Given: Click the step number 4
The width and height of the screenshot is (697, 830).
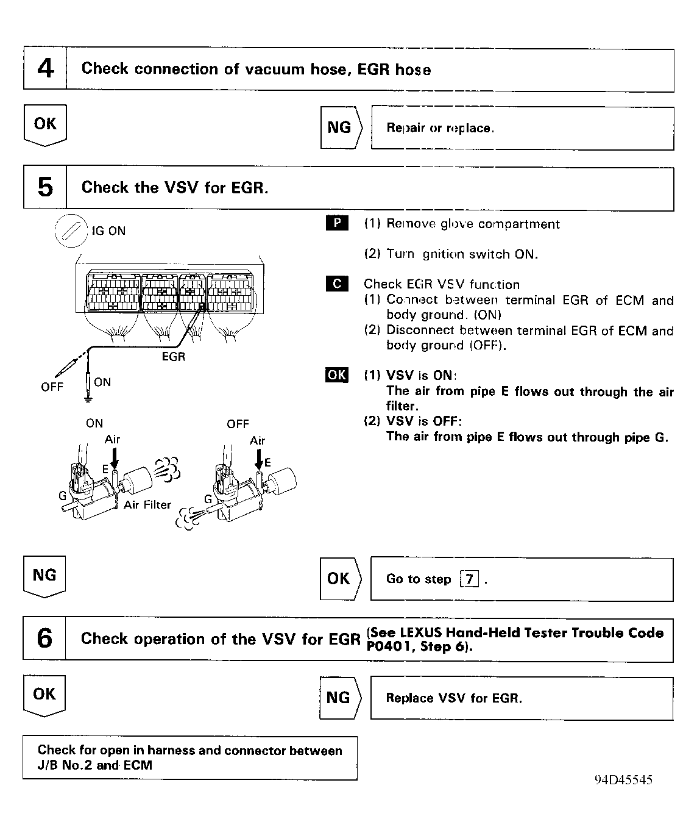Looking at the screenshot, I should pyautogui.click(x=45, y=69).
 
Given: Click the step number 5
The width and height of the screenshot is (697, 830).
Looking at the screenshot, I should pyautogui.click(x=45, y=188).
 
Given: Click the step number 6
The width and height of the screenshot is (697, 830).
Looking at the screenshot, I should pyautogui.click(x=44, y=639).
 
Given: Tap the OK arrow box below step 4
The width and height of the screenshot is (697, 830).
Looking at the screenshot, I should pyautogui.click(x=45, y=124).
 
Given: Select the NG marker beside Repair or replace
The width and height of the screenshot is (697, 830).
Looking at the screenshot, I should pyautogui.click(x=341, y=127).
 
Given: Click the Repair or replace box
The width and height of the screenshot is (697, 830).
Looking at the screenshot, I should pyautogui.click(x=522, y=128).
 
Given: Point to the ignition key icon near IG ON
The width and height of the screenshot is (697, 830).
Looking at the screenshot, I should pyautogui.click(x=71, y=231).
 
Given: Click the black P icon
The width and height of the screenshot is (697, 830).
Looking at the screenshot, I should pyautogui.click(x=338, y=223).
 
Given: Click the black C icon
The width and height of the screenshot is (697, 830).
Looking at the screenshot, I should pyautogui.click(x=338, y=284).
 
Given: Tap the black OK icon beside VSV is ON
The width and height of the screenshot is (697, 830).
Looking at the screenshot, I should pyautogui.click(x=337, y=374).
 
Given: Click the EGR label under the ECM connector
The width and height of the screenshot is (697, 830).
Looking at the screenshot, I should pyautogui.click(x=173, y=357).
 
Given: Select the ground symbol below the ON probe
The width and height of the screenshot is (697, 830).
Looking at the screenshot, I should pyautogui.click(x=88, y=399).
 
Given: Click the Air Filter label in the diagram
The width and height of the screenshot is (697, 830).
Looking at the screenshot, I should pyautogui.click(x=147, y=505).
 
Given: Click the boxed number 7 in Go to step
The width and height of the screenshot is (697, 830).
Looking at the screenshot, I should pyautogui.click(x=469, y=579).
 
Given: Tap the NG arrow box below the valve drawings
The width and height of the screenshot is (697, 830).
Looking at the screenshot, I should pyautogui.click(x=44, y=576).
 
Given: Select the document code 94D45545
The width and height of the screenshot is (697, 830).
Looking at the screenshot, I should pyautogui.click(x=623, y=780).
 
